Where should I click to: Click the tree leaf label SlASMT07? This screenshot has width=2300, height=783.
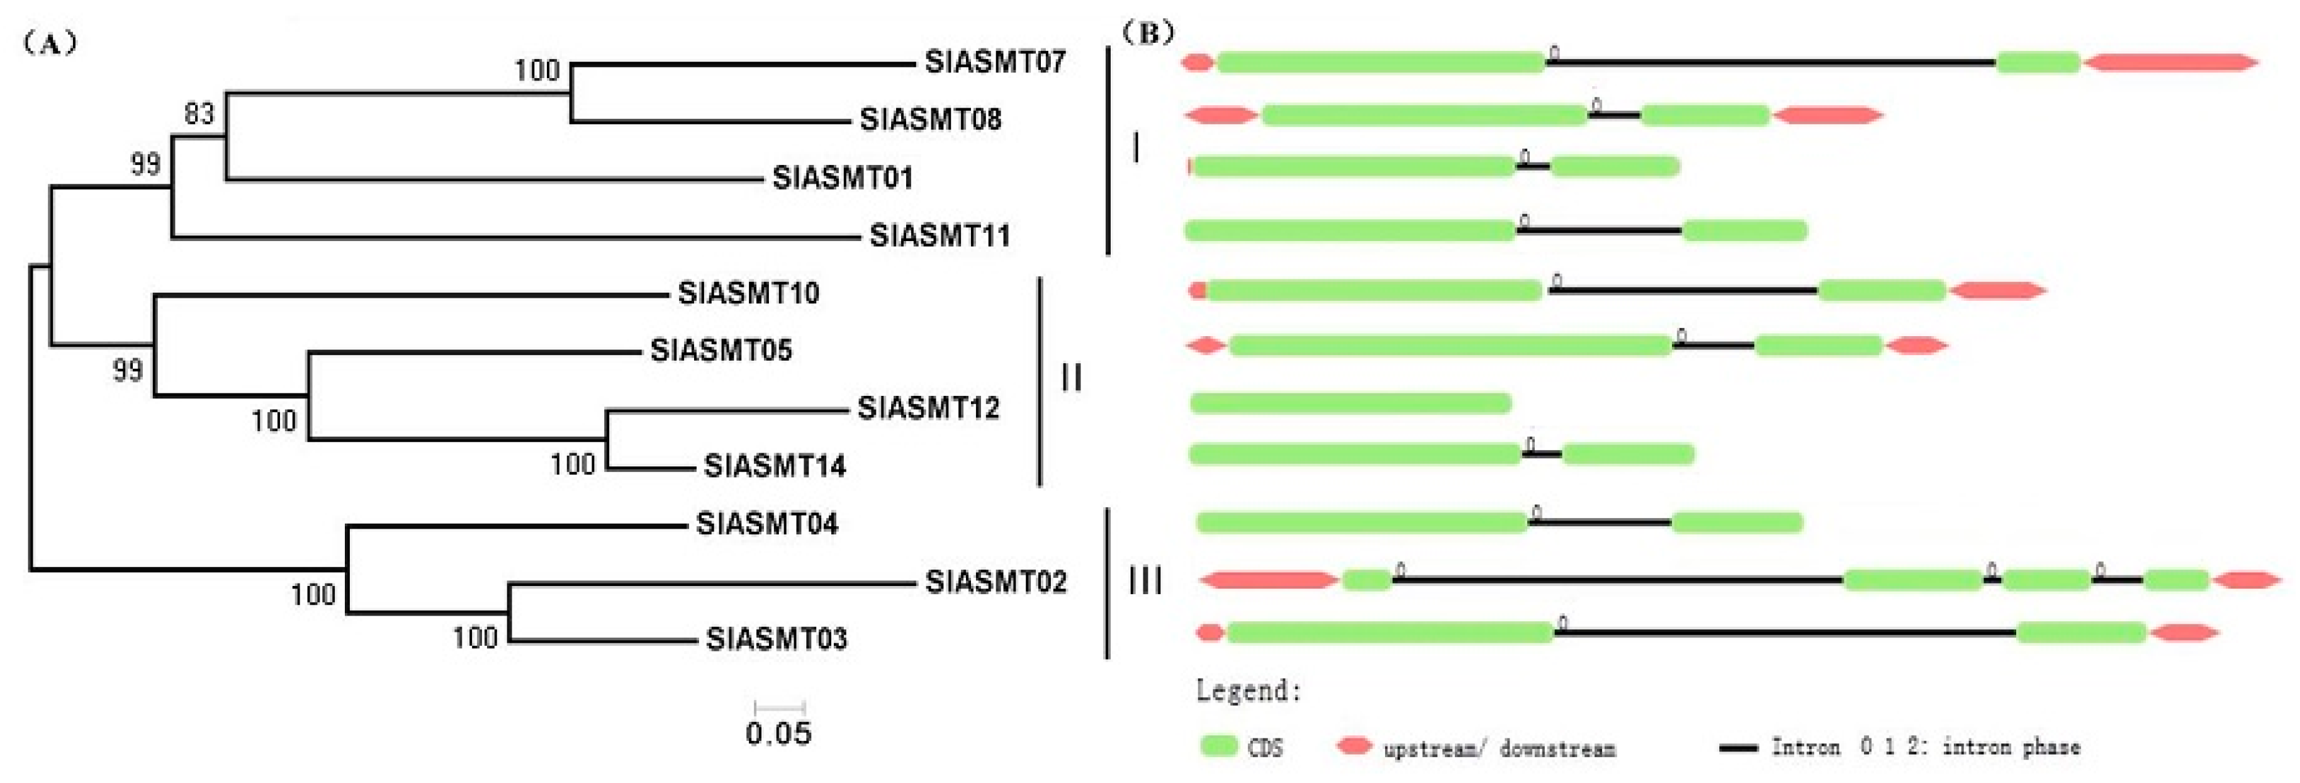click(x=995, y=62)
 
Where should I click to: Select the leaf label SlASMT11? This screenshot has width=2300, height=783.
click(x=940, y=235)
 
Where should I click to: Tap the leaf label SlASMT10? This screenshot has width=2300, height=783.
click(x=748, y=293)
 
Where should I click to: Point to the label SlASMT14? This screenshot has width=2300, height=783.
click(x=774, y=465)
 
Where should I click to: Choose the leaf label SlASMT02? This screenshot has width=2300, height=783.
click(x=996, y=582)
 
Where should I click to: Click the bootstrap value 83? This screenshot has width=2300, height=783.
click(x=199, y=113)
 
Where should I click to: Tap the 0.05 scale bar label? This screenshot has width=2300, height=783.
click(x=778, y=733)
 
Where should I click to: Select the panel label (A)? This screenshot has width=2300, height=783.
click(x=49, y=43)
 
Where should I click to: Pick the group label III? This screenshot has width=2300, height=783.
click(x=1145, y=581)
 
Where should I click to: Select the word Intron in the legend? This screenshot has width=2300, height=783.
click(x=1805, y=746)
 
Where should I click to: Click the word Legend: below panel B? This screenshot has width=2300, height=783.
click(x=1248, y=690)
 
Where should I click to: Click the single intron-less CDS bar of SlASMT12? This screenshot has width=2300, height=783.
click(x=1350, y=403)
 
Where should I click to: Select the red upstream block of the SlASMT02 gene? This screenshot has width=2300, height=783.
click(x=1268, y=580)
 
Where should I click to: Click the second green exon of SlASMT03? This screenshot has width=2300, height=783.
click(x=2080, y=633)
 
